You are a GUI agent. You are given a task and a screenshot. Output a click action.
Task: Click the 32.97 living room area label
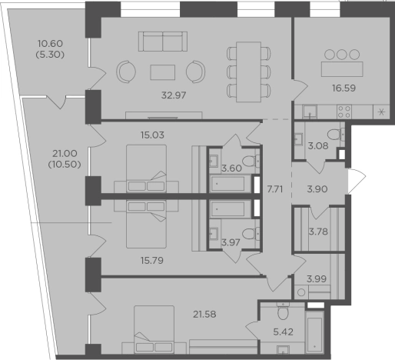(174, 95)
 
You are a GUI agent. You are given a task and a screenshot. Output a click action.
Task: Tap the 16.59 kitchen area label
(344, 88)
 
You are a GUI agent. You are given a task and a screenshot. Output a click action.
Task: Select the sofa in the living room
(163, 42)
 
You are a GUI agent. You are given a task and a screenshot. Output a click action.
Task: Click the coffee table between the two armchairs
(163, 72)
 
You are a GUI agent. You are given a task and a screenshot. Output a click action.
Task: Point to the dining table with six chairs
(248, 72)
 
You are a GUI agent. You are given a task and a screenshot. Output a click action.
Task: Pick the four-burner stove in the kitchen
(344, 112)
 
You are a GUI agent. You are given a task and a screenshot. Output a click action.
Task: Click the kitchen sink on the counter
(310, 112)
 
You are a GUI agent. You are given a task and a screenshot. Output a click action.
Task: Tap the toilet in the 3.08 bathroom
(336, 134)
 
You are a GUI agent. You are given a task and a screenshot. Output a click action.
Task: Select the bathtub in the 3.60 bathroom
(227, 184)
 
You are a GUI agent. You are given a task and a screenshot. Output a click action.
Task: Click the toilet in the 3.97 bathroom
(251, 234)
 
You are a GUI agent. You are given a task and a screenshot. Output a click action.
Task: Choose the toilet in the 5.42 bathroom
(283, 312)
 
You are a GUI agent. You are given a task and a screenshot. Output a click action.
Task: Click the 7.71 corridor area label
(275, 189)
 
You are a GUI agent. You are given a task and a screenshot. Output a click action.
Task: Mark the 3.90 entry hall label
(317, 189)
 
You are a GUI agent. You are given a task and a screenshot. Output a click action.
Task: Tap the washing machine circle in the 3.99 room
(301, 292)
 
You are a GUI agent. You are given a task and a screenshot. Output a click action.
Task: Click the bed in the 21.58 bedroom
(154, 329)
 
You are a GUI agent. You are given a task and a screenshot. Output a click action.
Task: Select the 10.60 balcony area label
(50, 44)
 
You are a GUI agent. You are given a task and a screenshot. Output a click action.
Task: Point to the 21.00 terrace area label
(65, 154)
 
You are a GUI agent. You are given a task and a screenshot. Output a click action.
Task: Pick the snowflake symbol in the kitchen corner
(381, 112)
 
